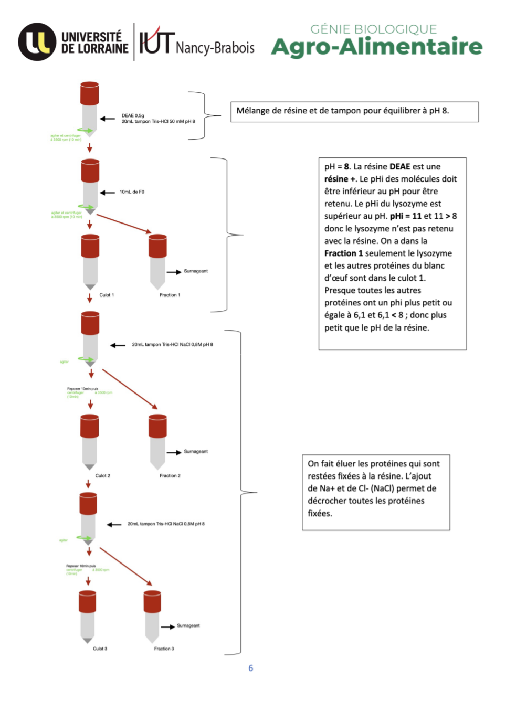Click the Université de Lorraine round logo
click(37, 42)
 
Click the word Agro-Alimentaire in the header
click(376, 47)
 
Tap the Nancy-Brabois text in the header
click(215, 48)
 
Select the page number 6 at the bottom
click(250, 668)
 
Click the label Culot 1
click(107, 295)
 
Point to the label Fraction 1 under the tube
click(170, 295)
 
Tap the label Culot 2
click(102, 476)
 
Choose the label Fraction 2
click(170, 476)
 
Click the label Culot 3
click(100, 649)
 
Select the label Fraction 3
click(164, 649)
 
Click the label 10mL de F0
click(132, 192)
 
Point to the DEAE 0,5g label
click(133, 115)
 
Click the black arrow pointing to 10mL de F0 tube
click(108, 193)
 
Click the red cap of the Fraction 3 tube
click(152, 601)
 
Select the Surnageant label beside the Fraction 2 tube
click(196, 452)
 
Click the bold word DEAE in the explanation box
click(399, 166)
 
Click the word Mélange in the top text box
click(254, 111)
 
